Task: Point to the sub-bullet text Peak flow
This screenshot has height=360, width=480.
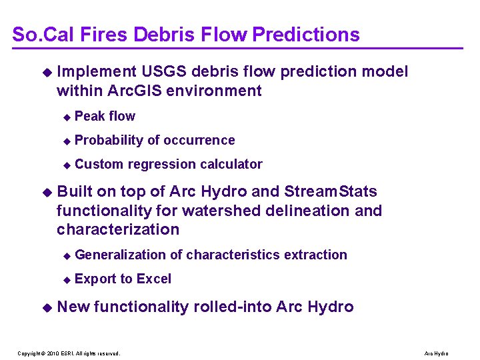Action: (105, 116)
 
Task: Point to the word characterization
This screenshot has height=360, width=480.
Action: (118, 229)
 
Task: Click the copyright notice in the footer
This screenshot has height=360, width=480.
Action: (69, 353)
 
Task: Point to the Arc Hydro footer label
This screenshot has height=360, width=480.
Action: (436, 353)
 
